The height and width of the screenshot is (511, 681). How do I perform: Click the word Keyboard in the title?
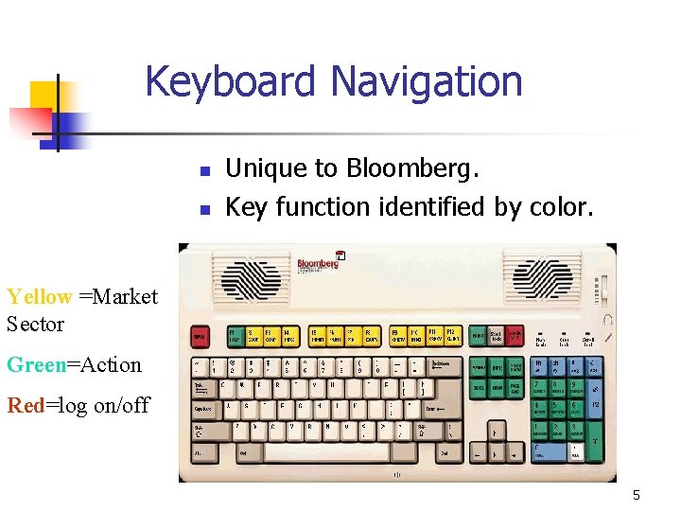pos(227,81)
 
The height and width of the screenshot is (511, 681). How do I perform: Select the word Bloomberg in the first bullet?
pos(412,169)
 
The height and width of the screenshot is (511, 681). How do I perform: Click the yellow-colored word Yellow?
pos(39,297)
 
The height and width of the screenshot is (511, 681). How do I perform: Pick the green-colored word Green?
pos(36,365)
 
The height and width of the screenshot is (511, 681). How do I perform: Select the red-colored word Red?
pos(26,406)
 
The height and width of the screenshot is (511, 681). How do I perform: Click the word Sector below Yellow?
pos(36,325)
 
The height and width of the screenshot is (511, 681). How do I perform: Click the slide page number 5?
pos(637,495)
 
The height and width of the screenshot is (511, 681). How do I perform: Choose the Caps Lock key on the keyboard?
pos(204,409)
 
